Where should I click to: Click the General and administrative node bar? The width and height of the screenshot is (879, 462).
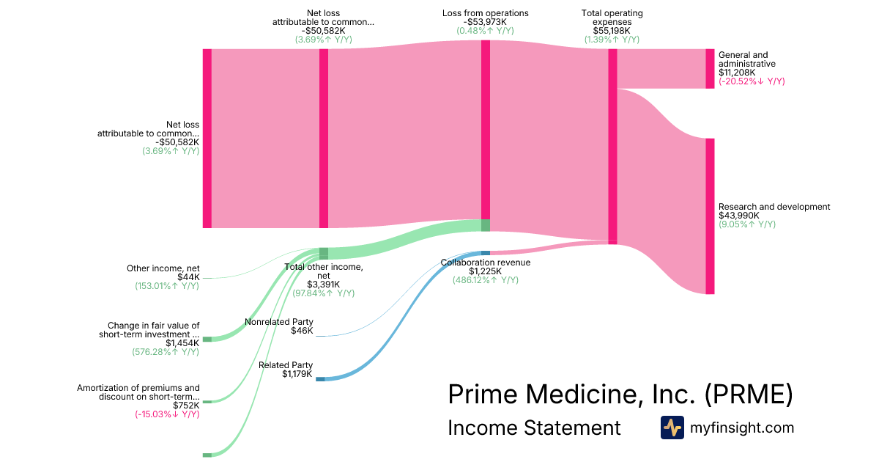(x=709, y=69)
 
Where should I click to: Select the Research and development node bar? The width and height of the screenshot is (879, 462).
(x=709, y=216)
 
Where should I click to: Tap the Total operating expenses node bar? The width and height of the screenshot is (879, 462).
(x=612, y=146)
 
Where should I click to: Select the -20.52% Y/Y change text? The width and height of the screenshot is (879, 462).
(x=752, y=81)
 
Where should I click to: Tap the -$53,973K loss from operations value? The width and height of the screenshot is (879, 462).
(x=485, y=22)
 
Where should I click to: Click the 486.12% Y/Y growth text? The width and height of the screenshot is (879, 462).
(x=485, y=280)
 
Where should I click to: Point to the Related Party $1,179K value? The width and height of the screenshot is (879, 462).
(x=297, y=374)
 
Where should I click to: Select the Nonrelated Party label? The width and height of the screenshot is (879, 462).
(x=278, y=322)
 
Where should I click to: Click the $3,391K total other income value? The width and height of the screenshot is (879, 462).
(x=323, y=285)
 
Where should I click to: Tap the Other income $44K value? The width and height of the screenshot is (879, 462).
(x=188, y=277)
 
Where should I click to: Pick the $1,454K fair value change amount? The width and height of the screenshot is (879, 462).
(x=182, y=343)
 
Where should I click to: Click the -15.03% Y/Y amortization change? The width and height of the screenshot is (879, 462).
(x=167, y=414)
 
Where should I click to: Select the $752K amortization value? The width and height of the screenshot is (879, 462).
(x=186, y=406)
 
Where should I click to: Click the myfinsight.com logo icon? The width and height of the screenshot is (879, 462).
(x=672, y=428)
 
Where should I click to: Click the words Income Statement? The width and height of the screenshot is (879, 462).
(x=534, y=428)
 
